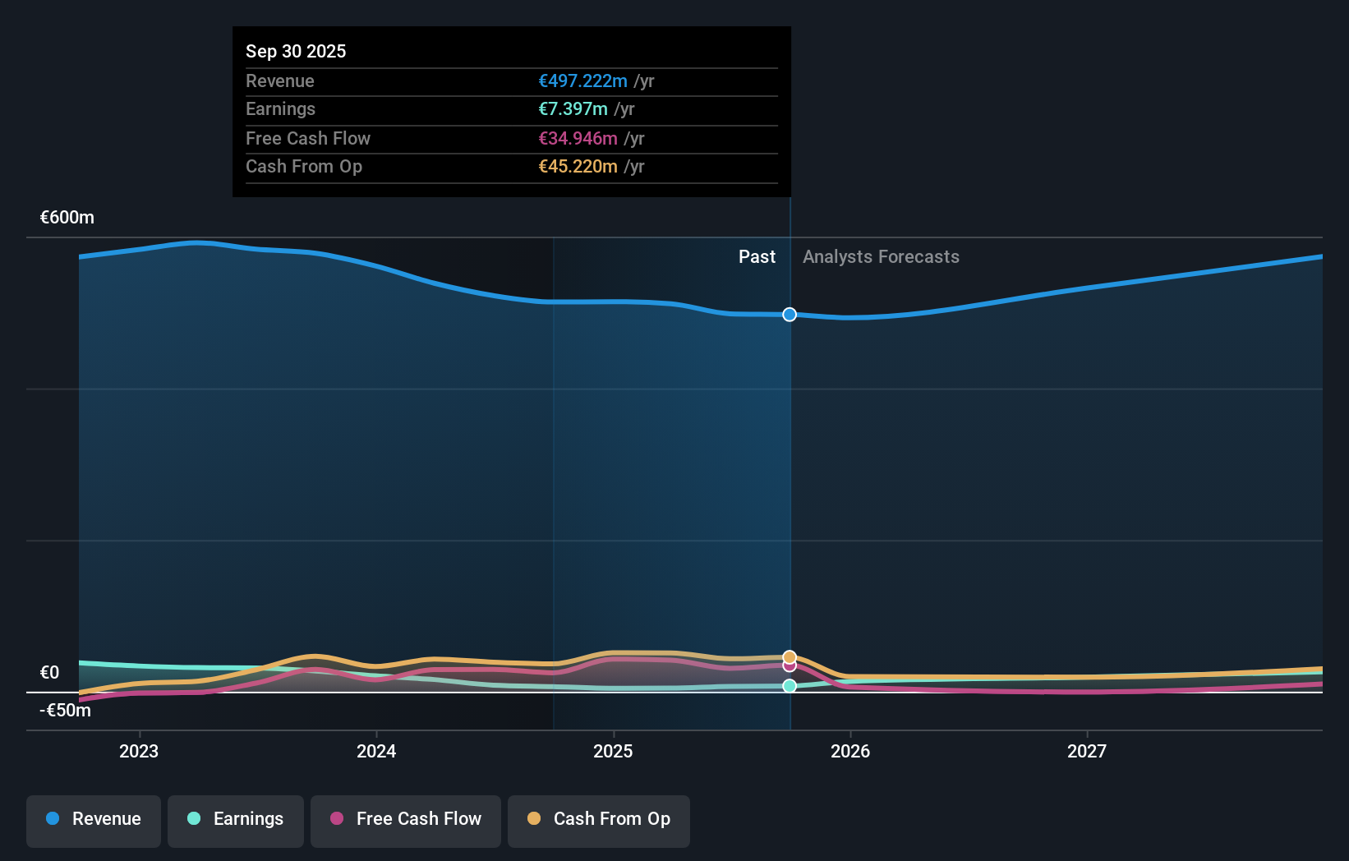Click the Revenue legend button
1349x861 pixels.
point(94,820)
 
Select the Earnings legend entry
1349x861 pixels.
point(236,820)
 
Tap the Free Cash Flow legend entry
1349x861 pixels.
point(406,820)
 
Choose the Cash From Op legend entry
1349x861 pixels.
point(599,820)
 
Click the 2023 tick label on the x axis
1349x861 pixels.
point(139,751)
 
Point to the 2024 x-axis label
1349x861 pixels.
point(376,751)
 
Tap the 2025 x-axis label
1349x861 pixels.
point(613,751)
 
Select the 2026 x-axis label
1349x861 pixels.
point(850,751)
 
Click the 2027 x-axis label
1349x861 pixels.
point(1087,751)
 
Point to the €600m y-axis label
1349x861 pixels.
point(67,218)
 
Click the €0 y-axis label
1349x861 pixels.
point(50,673)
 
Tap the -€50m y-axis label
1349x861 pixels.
point(66,711)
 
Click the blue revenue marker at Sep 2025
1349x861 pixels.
point(790,315)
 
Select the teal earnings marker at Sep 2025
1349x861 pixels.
point(790,686)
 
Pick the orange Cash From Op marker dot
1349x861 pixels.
point(790,656)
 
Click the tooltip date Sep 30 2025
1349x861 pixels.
point(296,51)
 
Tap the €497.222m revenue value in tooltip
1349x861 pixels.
point(582,81)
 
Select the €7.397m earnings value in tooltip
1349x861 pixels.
point(573,109)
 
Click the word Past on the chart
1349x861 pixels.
point(757,257)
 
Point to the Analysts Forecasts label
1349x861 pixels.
point(881,257)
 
